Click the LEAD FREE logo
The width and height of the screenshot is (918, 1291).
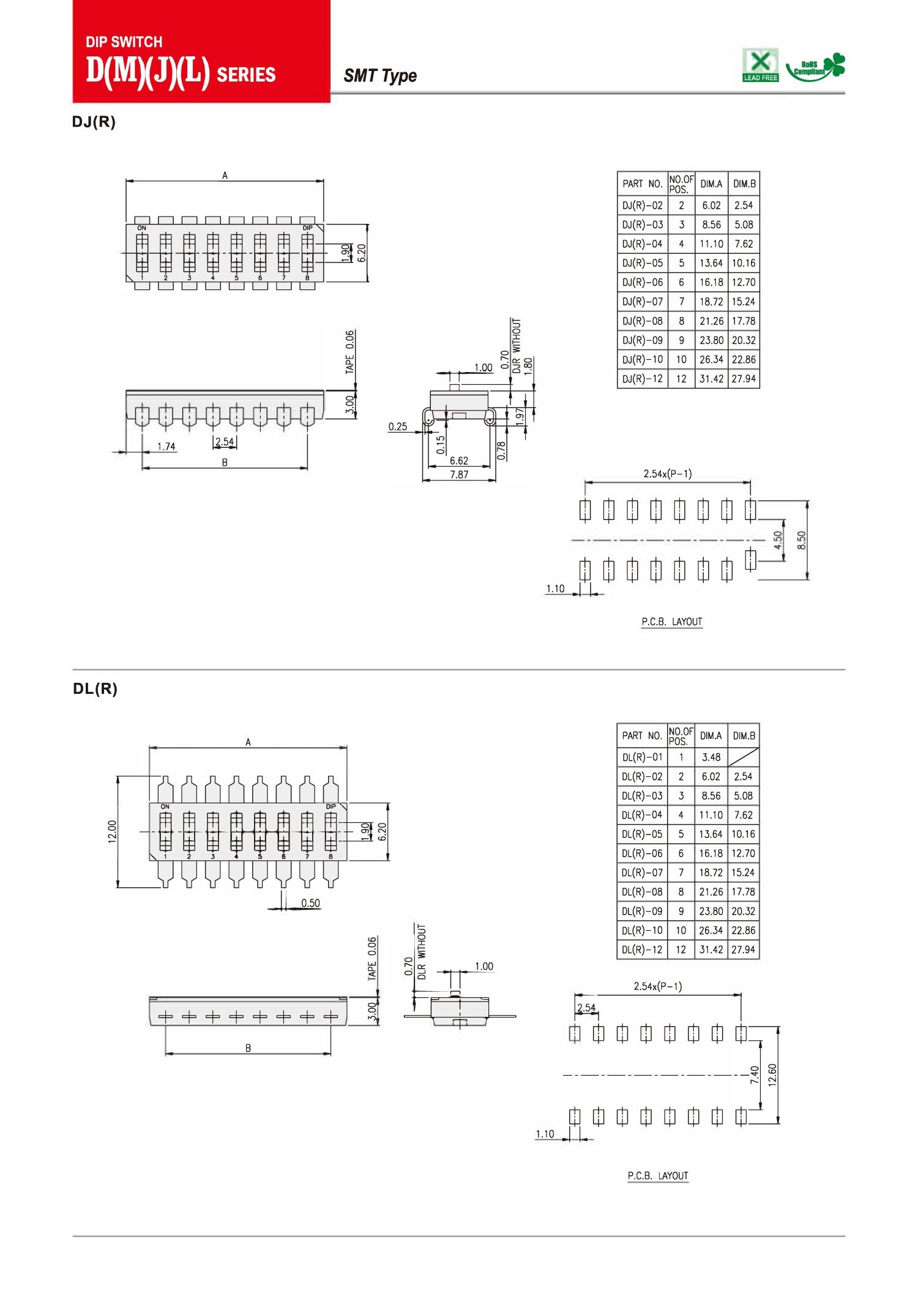coord(760,65)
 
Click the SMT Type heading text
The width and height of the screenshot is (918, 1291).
coord(380,76)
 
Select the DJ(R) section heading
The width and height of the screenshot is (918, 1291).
coord(94,122)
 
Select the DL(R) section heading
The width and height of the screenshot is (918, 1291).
coord(95,689)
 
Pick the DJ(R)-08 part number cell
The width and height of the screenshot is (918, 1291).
coord(643,321)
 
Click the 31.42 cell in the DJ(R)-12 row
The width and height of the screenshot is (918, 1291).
coord(712,379)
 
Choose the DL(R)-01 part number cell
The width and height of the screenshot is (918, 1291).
coord(642,757)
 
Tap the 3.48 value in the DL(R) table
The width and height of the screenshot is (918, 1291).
coord(711,757)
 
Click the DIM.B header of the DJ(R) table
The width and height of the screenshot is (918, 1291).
coord(744,184)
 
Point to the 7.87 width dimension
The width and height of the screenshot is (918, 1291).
coord(459,474)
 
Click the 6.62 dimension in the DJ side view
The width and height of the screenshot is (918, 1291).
coord(459,461)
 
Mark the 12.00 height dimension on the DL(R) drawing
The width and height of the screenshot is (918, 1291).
coord(112,832)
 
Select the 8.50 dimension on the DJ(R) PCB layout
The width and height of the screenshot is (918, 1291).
coord(802,540)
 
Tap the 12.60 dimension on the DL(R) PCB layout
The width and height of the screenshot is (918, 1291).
coord(772,1074)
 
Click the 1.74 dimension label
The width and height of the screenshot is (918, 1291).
coord(166,447)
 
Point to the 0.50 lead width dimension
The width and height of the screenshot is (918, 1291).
coord(310,903)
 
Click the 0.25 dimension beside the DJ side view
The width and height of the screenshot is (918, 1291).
coord(398,426)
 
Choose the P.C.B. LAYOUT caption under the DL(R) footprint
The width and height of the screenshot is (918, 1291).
coord(658,1176)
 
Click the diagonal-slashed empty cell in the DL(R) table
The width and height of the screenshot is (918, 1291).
coord(744,757)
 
